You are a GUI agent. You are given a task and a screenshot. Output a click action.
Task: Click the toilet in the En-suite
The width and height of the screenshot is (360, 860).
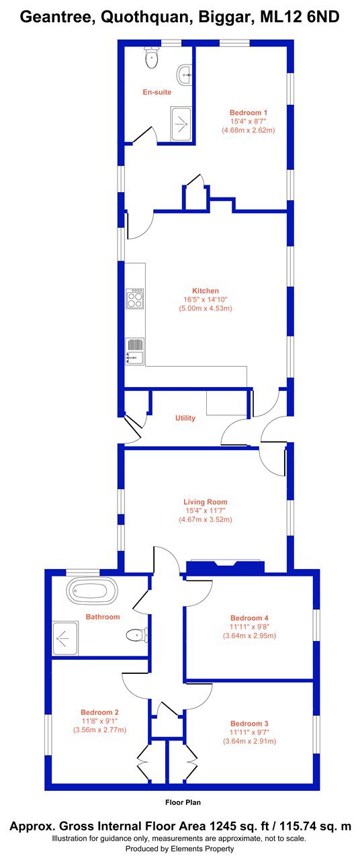click(152, 58)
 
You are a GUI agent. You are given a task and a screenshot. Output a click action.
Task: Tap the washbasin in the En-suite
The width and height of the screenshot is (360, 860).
click(185, 75)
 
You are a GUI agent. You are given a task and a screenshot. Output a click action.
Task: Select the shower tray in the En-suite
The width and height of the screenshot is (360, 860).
click(181, 124)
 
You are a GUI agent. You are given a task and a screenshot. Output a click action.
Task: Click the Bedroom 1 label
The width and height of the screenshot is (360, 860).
click(249, 112)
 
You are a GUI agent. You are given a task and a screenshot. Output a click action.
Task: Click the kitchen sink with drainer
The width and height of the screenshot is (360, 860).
click(135, 351)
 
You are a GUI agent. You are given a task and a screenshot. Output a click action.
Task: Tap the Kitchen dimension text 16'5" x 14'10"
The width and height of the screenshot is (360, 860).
click(206, 300)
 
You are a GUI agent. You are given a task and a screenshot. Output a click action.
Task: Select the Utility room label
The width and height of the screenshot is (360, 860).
click(185, 418)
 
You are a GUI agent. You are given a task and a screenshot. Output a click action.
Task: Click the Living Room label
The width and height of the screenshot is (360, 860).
click(206, 502)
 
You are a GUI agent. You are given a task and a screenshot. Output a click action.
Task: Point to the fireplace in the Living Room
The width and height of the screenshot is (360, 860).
click(225, 566)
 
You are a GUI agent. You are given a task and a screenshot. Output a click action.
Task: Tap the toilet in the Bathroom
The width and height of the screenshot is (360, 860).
click(137, 635)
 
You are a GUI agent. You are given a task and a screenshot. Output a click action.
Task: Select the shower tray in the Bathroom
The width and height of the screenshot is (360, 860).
click(65, 638)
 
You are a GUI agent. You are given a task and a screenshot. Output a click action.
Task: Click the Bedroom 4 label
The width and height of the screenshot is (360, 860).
click(249, 617)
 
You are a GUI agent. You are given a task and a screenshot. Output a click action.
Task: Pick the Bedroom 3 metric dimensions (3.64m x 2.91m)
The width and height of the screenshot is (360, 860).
click(249, 741)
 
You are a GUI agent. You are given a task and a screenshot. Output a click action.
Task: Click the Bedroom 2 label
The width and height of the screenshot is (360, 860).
click(99, 712)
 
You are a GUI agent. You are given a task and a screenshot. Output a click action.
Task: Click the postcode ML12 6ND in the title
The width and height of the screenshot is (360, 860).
click(300, 17)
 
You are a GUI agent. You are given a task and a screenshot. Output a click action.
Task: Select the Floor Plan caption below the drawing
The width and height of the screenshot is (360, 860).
click(183, 802)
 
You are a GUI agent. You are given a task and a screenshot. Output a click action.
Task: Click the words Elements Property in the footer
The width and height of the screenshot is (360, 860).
click(202, 849)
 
